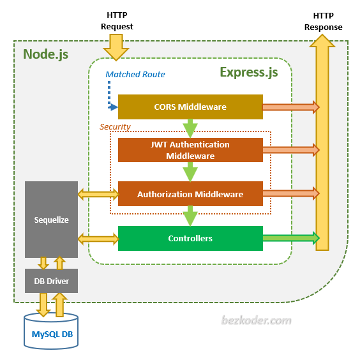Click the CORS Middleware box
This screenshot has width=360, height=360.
click(190, 107)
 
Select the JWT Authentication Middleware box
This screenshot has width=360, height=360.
click(190, 150)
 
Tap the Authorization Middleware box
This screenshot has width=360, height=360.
click(190, 193)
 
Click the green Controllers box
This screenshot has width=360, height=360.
click(190, 238)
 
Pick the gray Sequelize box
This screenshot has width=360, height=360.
click(51, 220)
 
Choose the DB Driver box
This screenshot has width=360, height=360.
click(51, 281)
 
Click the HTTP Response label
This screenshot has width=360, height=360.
click(323, 22)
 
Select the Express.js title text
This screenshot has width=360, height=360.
click(248, 71)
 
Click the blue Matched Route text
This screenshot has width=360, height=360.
click(135, 75)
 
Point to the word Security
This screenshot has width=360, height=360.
click(115, 126)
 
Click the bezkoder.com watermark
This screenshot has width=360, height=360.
click(257, 320)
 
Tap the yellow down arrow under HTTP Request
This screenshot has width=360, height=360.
click(117, 47)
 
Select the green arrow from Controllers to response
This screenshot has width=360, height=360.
click(290, 238)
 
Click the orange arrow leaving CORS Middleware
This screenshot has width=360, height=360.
click(290, 107)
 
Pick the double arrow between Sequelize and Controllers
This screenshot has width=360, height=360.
click(98, 238)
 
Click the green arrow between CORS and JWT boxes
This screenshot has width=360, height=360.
click(190, 128)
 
